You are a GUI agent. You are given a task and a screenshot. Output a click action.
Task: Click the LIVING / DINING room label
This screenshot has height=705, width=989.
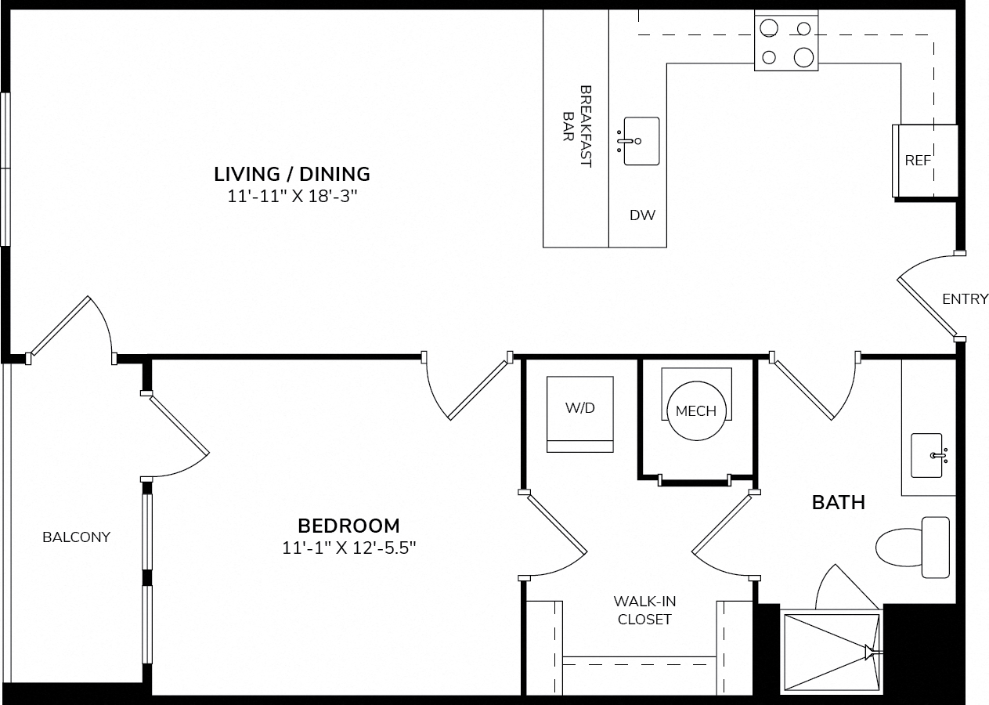pos(292,174)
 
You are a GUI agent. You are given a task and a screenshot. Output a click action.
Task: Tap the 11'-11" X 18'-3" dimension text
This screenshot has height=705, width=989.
pos(292,196)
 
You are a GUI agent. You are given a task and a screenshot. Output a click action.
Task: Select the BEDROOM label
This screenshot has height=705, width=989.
pos(348,526)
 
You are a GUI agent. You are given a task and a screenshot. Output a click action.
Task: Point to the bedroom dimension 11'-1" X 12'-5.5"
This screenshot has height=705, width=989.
pos(348,548)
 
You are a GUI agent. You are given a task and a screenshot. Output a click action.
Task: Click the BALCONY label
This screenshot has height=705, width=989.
pos(77,537)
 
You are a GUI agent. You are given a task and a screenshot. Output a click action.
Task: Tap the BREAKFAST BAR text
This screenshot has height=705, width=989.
pos(577,126)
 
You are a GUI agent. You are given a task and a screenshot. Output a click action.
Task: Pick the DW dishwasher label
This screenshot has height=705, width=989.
pos(642,215)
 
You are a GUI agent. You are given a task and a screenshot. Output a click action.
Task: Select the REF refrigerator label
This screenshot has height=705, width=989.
pos(918,161)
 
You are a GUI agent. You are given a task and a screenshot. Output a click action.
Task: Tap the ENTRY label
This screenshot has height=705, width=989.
pos(966,299)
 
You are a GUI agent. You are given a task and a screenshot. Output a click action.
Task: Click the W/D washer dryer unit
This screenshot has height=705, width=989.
pos(580,414)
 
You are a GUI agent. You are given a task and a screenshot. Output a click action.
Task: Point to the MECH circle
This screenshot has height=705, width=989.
pos(696,410)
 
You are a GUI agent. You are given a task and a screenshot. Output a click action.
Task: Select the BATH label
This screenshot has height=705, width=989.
pos(839,503)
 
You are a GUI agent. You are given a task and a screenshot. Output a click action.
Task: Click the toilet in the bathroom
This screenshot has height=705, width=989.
pos(913,548)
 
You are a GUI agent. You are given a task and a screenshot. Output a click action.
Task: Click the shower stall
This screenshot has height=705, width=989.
pos(832,655)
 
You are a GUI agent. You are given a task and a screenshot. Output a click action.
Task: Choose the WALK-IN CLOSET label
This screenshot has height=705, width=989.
pos(644,610)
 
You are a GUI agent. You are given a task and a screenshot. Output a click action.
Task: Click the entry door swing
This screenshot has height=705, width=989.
pos(927,296)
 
